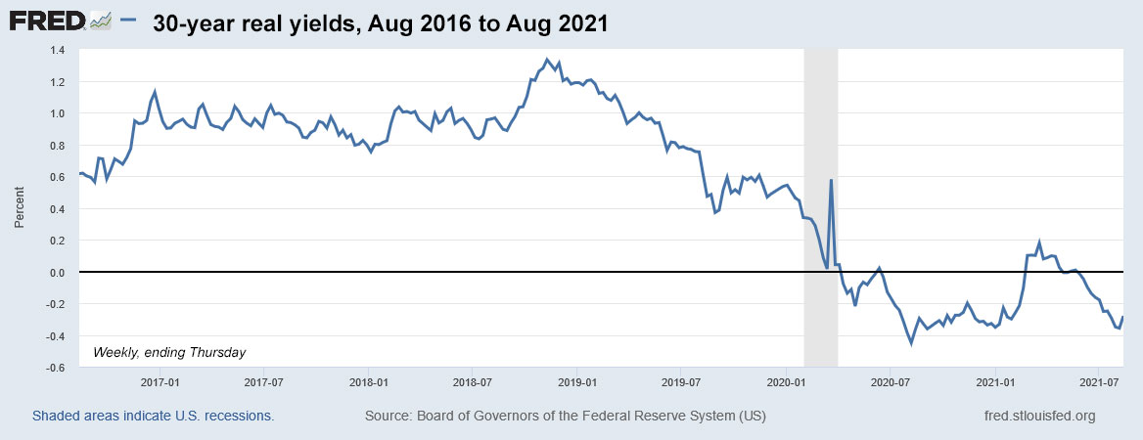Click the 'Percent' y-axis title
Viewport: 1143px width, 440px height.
19,209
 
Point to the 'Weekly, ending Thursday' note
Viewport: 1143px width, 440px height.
169,352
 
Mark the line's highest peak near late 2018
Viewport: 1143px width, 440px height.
547,60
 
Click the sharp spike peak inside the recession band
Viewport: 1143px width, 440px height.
831,180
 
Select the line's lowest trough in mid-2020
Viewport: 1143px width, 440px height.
911,343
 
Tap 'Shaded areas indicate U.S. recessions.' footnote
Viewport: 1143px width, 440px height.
153,417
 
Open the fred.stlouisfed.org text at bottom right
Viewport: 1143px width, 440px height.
1037,417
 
